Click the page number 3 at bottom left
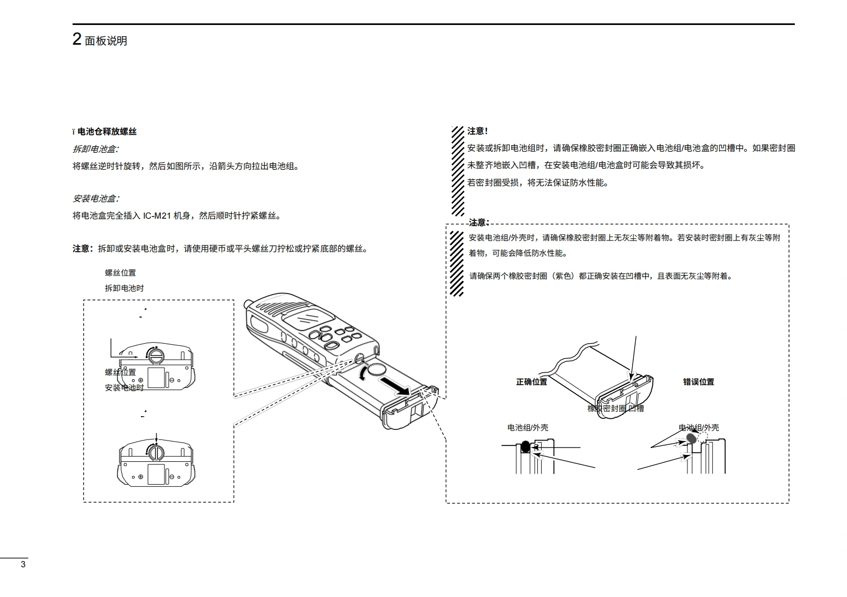tap(23, 565)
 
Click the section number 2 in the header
tap(77, 39)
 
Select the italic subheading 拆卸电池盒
tap(95, 149)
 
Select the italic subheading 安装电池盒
tap(95, 198)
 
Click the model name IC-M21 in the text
tap(157, 215)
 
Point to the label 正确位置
tap(532, 382)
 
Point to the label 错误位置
tap(699, 382)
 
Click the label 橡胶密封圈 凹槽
tap(616, 408)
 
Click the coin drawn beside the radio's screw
tap(378, 369)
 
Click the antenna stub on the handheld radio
tap(247, 304)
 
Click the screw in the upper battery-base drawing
tap(156, 354)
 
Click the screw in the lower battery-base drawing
tap(156, 452)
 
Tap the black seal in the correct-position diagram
tap(525, 446)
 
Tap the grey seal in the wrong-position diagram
tap(691, 438)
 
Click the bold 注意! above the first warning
tap(478, 131)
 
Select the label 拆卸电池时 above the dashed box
tap(124, 288)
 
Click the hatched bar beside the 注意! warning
tap(457, 170)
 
